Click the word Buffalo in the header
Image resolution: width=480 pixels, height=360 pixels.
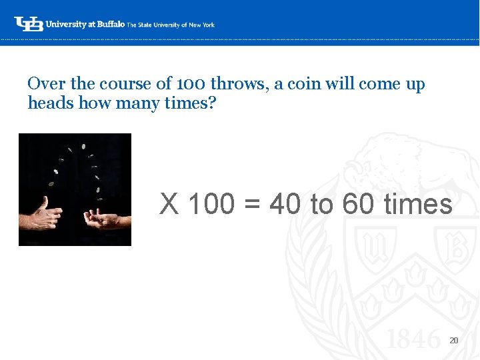coord(111,24)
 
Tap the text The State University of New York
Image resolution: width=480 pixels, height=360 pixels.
coord(171,25)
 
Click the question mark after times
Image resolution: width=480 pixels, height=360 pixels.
coord(212,103)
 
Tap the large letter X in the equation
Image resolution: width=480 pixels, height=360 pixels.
coord(169,204)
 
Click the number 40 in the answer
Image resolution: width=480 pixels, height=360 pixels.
coord(285,204)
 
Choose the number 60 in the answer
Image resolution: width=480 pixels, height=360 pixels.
coord(358,204)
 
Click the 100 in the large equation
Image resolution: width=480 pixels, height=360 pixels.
coord(211,204)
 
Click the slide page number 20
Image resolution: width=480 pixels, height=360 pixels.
coord(453,341)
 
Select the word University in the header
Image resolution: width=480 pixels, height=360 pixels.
coord(66,24)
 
